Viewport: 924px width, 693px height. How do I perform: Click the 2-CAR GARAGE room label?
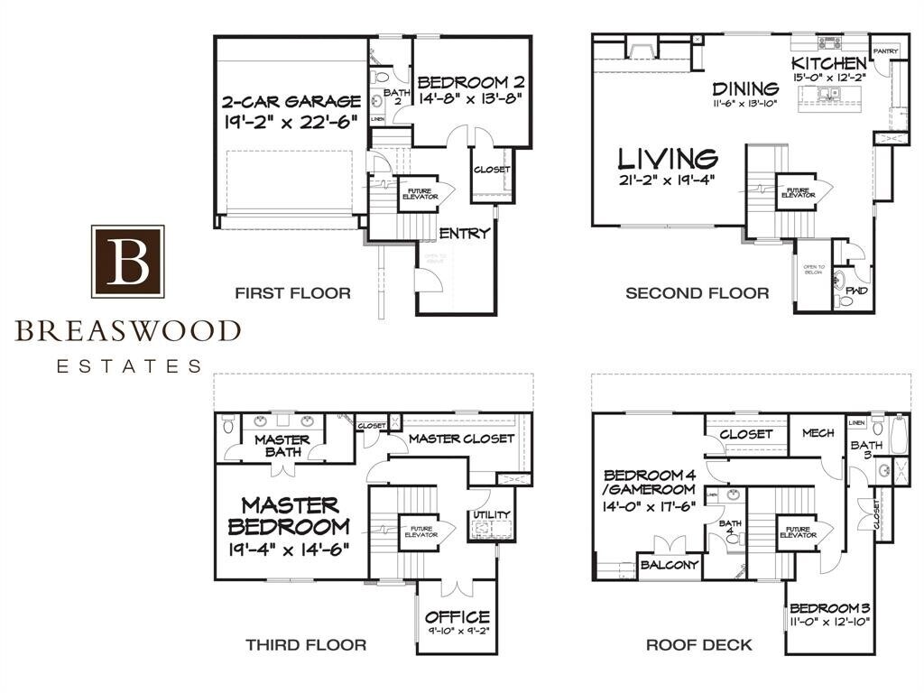[x=292, y=101]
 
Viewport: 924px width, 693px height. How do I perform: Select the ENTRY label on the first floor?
[x=464, y=234]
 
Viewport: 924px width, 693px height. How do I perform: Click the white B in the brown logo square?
[x=127, y=262]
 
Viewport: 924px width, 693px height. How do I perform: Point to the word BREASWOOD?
[x=127, y=331]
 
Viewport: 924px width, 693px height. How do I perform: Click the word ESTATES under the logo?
[x=129, y=366]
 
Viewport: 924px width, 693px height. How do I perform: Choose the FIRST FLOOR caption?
[x=292, y=293]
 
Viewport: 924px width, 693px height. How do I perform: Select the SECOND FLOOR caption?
[x=697, y=293]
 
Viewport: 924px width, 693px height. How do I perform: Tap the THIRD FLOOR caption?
[x=306, y=644]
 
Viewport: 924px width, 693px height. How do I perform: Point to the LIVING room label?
[x=668, y=160]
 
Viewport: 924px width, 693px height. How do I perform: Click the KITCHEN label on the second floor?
[x=829, y=63]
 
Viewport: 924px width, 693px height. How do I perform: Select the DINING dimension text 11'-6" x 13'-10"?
[x=745, y=105]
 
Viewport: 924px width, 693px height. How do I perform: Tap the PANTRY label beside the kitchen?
[x=885, y=51]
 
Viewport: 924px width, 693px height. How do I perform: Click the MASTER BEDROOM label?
[x=289, y=515]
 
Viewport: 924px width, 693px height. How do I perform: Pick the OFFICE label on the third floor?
[x=457, y=617]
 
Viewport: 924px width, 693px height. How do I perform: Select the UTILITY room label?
[x=492, y=515]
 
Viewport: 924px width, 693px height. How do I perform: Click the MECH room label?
[x=818, y=433]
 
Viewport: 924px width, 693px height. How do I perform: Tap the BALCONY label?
[x=669, y=565]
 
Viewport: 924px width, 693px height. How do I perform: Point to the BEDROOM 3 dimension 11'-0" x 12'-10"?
[x=830, y=622]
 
